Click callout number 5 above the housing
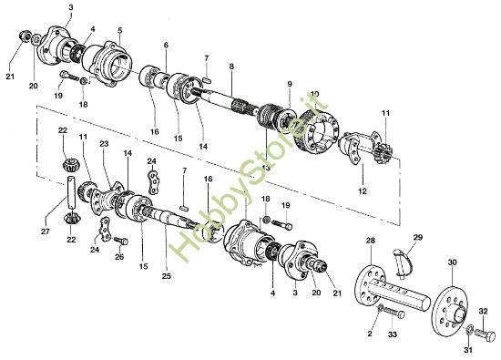point(119,30)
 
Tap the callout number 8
point(231,67)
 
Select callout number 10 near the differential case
point(314,94)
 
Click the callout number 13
point(267,168)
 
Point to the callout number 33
point(393,335)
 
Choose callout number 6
point(166,45)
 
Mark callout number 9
point(289,85)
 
